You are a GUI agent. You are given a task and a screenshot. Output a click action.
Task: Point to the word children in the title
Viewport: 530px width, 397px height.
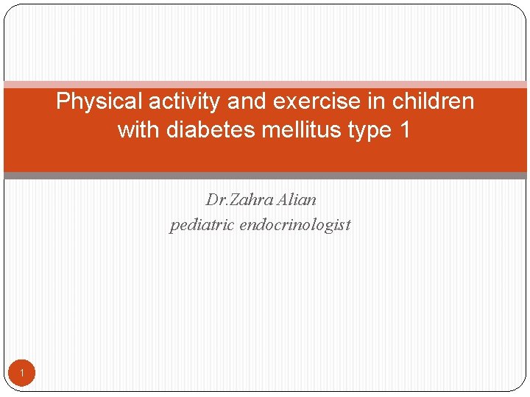click(x=433, y=101)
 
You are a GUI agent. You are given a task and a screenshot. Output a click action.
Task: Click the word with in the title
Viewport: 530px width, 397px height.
click(x=138, y=130)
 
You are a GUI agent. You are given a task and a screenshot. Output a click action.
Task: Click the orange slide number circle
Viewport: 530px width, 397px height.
click(x=22, y=375)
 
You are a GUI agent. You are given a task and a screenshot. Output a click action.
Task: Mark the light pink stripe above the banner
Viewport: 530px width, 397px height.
click(x=265, y=85)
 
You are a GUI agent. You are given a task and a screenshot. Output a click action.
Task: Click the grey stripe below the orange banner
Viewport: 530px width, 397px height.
click(x=265, y=176)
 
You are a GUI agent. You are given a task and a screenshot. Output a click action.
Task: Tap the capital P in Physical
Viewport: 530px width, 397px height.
click(x=63, y=101)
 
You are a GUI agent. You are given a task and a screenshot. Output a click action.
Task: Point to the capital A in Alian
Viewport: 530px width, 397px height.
click(x=283, y=200)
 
